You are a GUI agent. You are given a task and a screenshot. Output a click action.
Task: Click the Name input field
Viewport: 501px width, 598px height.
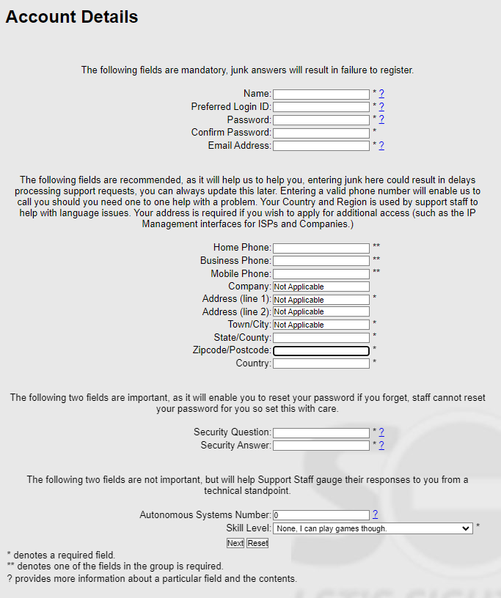[321, 94]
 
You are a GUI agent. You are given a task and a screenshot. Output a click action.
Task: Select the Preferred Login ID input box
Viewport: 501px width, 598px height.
[321, 107]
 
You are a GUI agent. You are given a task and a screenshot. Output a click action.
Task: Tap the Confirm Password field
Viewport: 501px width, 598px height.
[321, 133]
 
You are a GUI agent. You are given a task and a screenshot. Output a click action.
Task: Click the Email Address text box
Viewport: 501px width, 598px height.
[321, 146]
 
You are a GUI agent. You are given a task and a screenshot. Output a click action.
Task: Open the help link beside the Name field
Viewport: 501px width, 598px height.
[381, 94]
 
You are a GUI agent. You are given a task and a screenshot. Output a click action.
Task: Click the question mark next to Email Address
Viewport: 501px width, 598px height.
[381, 146]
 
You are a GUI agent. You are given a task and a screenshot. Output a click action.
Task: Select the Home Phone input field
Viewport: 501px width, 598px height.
[321, 248]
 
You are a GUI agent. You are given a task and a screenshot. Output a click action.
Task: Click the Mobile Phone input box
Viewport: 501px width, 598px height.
[321, 273]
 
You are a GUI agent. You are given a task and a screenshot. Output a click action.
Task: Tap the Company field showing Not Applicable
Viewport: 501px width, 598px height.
[321, 287]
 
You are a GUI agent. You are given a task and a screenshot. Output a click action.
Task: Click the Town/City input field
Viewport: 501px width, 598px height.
[321, 325]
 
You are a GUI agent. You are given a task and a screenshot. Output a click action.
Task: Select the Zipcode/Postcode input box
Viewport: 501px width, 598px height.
[321, 350]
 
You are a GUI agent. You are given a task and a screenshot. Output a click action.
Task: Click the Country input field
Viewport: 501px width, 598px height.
[321, 363]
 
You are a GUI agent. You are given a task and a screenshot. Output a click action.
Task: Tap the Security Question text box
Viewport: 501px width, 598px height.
[321, 432]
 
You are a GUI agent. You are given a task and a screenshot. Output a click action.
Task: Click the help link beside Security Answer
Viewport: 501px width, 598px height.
[381, 446]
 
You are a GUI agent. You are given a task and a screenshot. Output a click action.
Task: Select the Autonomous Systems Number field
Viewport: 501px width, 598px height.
[321, 515]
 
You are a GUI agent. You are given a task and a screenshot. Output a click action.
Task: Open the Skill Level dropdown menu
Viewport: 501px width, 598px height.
[372, 528]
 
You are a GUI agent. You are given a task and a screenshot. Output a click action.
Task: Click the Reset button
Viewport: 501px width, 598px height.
[257, 543]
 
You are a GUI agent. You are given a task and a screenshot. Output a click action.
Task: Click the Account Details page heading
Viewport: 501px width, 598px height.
[72, 17]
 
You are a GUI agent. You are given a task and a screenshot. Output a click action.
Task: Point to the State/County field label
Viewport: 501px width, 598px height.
[242, 337]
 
